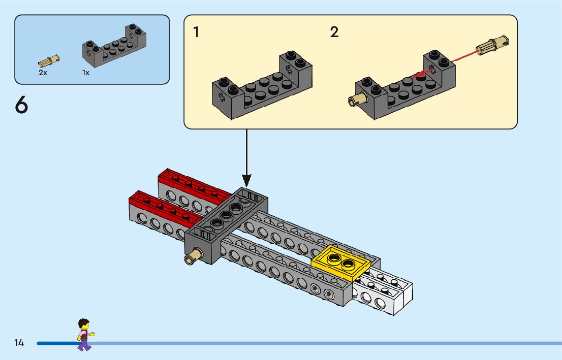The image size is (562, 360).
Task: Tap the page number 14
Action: pyautogui.click(x=19, y=343)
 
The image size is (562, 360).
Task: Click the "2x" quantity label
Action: pyautogui.click(x=43, y=73)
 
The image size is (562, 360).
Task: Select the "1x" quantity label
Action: pyautogui.click(x=86, y=73)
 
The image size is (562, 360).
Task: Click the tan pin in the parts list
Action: pyautogui.click(x=49, y=62)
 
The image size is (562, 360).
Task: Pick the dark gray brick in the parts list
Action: pyautogui.click(x=114, y=48)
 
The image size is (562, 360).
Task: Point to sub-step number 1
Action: pyautogui.click(x=196, y=32)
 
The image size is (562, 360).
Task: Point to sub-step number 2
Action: pyautogui.click(x=334, y=32)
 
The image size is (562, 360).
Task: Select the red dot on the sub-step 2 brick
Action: pyautogui.click(x=420, y=76)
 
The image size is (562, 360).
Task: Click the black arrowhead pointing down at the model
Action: pyautogui.click(x=246, y=180)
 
